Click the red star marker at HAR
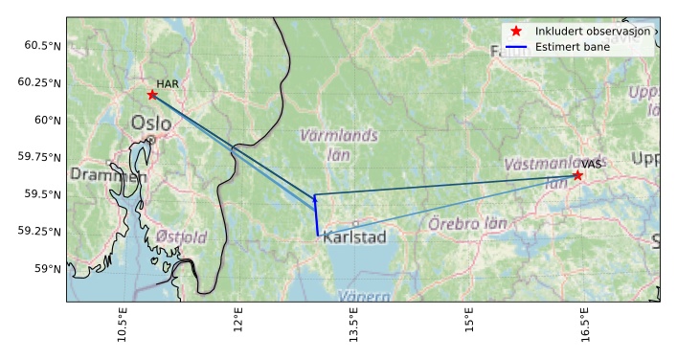click(x=152, y=94)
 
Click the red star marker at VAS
click(x=577, y=175)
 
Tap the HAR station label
click(x=168, y=84)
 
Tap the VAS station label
click(x=591, y=165)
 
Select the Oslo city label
click(x=151, y=124)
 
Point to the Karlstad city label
click(x=354, y=237)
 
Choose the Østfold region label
click(x=181, y=237)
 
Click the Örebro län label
click(x=467, y=224)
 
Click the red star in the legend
click(x=516, y=32)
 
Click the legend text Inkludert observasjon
click(x=594, y=32)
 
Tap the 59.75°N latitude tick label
click(x=38, y=157)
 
